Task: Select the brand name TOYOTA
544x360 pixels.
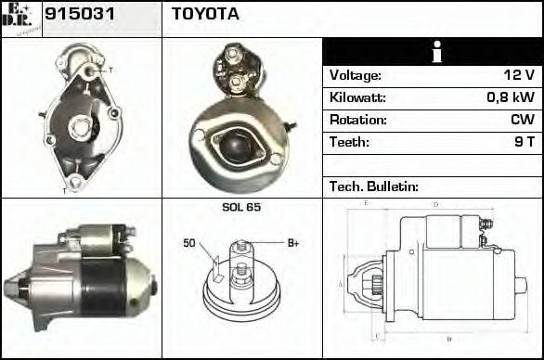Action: (205, 15)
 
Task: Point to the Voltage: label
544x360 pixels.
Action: (356, 75)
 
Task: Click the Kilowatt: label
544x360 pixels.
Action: (357, 97)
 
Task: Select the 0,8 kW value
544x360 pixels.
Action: (512, 97)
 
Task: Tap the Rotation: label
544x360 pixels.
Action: (357, 120)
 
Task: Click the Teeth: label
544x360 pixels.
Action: (349, 142)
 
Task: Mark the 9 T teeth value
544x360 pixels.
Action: (525, 142)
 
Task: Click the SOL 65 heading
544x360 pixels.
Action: (240, 207)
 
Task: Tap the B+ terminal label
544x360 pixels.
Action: (292, 243)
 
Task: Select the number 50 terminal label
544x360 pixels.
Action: (189, 244)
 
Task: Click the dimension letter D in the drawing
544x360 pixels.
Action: (435, 204)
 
